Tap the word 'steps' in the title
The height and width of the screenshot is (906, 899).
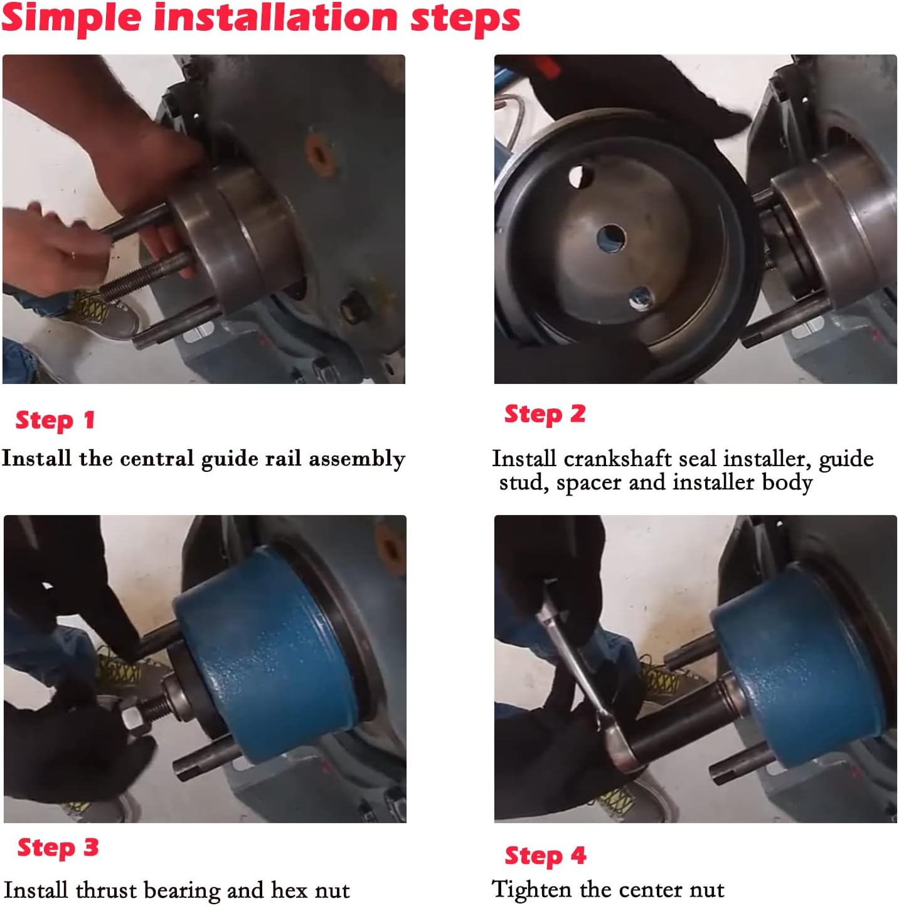(465, 19)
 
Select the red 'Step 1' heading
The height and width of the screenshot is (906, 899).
(55, 420)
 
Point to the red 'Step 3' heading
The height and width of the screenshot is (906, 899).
(58, 847)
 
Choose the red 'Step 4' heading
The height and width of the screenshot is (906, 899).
(545, 855)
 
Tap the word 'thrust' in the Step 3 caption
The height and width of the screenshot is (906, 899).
(106, 890)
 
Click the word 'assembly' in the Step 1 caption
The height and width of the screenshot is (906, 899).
(357, 459)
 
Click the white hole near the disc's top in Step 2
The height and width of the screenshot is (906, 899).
(580, 176)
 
